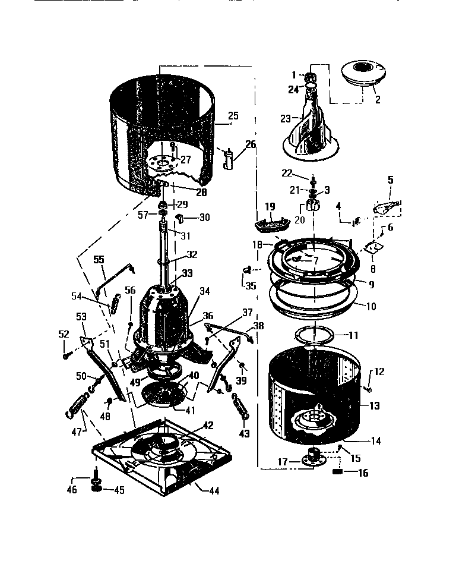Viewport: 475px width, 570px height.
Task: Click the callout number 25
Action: click(x=233, y=115)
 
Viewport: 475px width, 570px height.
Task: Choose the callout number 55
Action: click(x=99, y=260)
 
